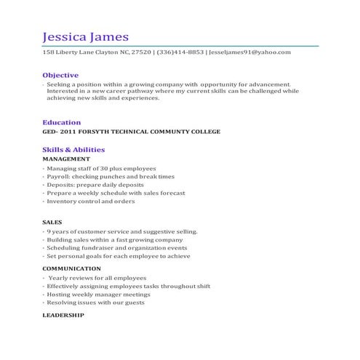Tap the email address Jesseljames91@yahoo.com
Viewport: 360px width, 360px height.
pyautogui.click(x=249, y=52)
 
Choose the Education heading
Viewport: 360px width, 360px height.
pyautogui.click(x=61, y=122)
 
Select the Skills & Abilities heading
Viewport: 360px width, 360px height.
pyautogui.click(x=73, y=149)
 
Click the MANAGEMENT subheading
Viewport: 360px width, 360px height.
pyautogui.click(x=66, y=159)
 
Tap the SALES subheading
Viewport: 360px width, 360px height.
pyautogui.click(x=52, y=221)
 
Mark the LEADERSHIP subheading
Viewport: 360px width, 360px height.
pyautogui.click(x=63, y=315)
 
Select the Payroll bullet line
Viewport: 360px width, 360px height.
pyautogui.click(x=111, y=176)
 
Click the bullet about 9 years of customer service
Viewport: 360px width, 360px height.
pyautogui.click(x=122, y=231)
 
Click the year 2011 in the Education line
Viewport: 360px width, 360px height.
pyautogui.click(x=66, y=132)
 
